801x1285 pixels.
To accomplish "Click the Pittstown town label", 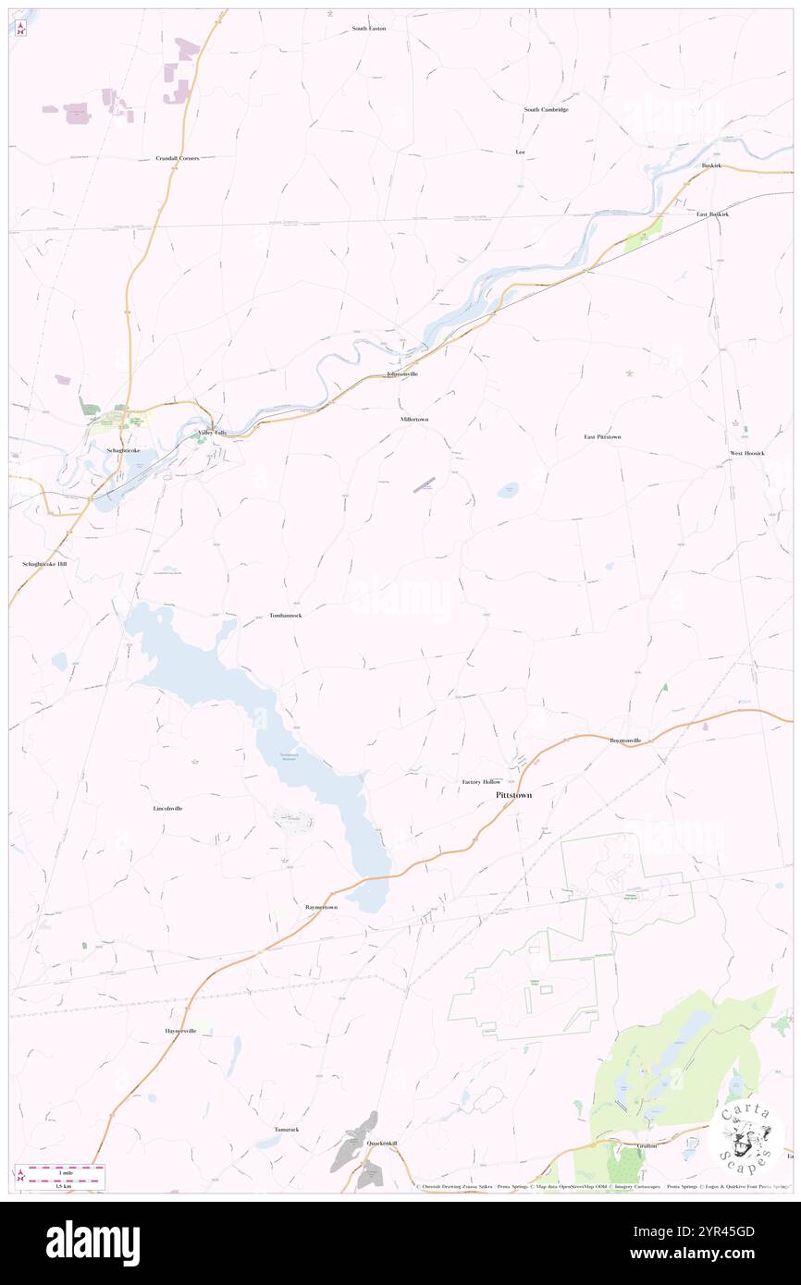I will point(513,795).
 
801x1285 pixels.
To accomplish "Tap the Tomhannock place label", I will point(285,616).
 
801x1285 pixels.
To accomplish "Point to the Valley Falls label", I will point(212,433).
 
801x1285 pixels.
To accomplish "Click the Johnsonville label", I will point(402,374).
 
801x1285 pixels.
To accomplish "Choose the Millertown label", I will point(414,420).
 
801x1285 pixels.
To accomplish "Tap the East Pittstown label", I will point(602,436).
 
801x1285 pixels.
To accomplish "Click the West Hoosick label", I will point(747,453).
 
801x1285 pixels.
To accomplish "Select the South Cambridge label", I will point(546,110).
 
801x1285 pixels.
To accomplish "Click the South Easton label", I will point(368,29).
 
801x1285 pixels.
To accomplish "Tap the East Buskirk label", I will point(713,214).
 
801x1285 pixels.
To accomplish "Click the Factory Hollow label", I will point(481,782).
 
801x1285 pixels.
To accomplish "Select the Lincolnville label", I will point(167,809).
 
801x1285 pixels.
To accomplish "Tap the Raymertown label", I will point(322,908).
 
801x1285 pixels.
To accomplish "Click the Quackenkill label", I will point(381,1144).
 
